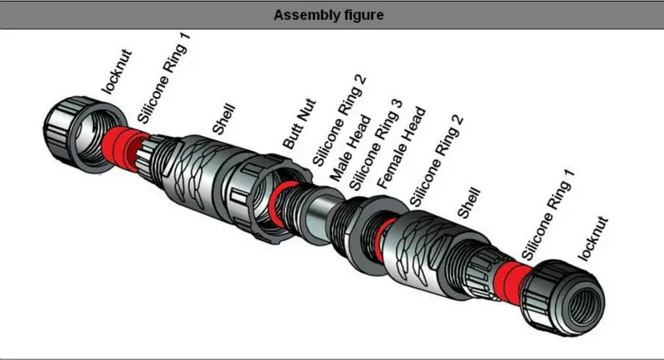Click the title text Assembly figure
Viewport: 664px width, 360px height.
[332, 14]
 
